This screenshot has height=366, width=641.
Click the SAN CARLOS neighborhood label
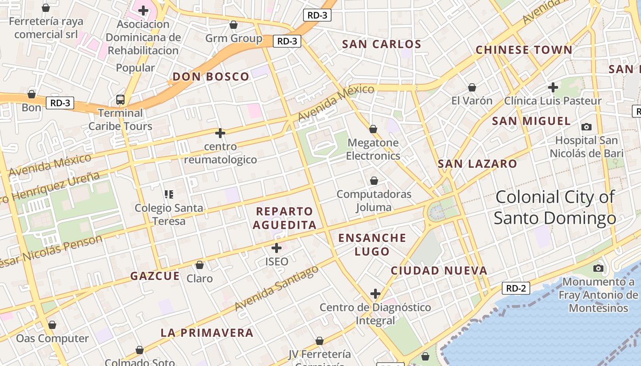click(381, 44)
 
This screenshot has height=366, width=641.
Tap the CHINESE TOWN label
click(524, 50)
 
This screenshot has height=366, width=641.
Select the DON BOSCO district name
click(211, 76)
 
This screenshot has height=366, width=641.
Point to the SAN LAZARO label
click(477, 164)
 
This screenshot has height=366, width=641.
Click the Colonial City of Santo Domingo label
click(554, 208)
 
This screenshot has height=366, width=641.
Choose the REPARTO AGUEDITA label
click(284, 218)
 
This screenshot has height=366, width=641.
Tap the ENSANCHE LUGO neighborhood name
click(372, 244)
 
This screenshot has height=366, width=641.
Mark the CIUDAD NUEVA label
click(439, 271)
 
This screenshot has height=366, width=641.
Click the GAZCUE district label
click(155, 276)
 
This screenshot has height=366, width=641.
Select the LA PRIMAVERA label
click(206, 333)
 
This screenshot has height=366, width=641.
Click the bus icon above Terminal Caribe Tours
click(120, 99)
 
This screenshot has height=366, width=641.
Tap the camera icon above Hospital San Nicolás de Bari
click(586, 127)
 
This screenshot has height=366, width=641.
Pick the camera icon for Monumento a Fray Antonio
click(598, 268)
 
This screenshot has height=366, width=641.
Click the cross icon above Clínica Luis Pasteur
click(553, 87)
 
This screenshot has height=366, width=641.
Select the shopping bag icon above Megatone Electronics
click(373, 129)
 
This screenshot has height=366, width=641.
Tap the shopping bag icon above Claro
click(199, 265)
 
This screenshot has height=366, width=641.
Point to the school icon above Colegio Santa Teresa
click(169, 194)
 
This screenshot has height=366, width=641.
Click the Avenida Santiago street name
click(277, 288)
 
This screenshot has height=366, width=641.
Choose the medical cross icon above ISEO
click(277, 248)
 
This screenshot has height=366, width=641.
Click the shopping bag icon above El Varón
click(472, 87)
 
